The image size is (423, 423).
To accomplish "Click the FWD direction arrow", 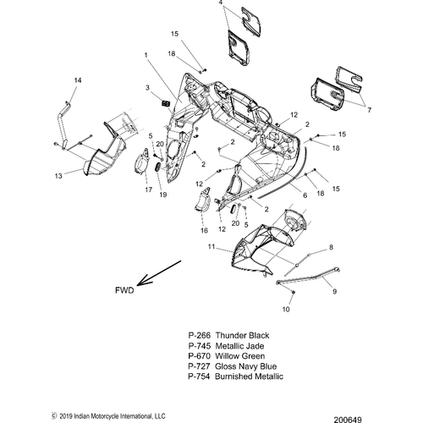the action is (x=159, y=273).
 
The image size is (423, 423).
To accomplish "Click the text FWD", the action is (x=124, y=290).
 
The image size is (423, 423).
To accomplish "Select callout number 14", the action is (x=78, y=80).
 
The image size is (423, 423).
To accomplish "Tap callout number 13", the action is (x=58, y=176).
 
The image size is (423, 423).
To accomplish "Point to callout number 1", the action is (x=146, y=55).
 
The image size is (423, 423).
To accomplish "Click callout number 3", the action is (x=147, y=88).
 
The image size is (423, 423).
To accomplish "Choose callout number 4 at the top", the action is (x=221, y=3).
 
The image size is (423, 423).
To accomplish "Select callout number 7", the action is (x=369, y=110).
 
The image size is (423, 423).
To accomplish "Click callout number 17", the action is (x=149, y=190).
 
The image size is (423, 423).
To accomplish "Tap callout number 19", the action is (x=163, y=195).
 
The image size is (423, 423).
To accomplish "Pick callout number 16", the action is (x=204, y=230).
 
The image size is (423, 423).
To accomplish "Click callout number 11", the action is (x=211, y=247).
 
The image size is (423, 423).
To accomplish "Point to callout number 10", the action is (x=286, y=310).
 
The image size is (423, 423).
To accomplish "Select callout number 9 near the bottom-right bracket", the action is (x=335, y=291).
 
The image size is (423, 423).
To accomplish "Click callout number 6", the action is (x=305, y=195).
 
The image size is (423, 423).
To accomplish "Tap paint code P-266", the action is (x=200, y=336).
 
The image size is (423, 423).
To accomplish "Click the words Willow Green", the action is (x=240, y=356).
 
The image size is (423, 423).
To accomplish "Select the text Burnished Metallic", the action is (x=249, y=376).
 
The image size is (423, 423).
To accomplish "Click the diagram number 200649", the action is (x=348, y=420).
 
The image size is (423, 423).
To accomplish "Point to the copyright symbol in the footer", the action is (x=54, y=416).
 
